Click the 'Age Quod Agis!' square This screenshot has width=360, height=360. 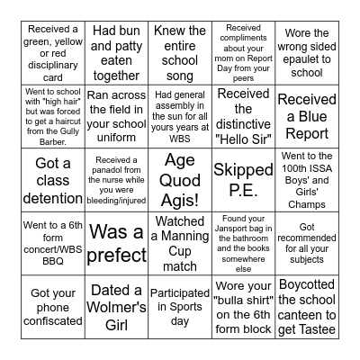click(180, 177)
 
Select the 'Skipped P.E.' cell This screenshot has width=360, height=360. click(242, 177)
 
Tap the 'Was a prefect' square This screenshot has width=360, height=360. click(117, 241)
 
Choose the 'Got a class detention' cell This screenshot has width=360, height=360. click(52, 177)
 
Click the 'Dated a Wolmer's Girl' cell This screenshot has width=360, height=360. click(117, 306)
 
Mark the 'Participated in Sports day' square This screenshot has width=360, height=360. click(180, 306)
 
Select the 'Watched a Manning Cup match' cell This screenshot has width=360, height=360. click(180, 241)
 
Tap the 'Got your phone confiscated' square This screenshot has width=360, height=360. click(52, 306)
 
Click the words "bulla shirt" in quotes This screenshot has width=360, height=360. click(244, 306)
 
